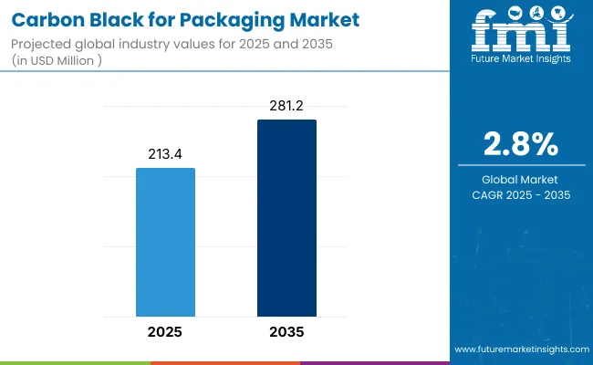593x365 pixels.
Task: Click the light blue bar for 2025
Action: click(165, 242)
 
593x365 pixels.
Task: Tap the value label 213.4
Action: click(165, 154)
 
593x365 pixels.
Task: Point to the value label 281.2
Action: click(286, 106)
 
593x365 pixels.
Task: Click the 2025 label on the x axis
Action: click(165, 331)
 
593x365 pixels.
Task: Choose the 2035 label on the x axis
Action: click(286, 331)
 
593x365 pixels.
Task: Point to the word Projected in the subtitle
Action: click(43, 44)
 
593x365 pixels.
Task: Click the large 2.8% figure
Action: click(520, 145)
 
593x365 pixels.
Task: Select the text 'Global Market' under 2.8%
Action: click(520, 179)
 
